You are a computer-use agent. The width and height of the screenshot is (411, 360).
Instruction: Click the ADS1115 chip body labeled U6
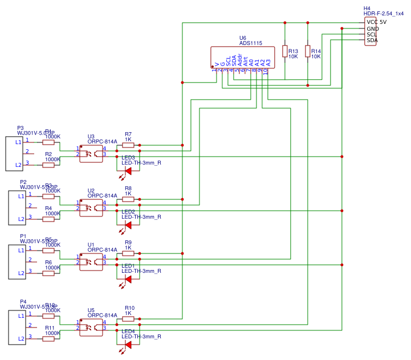click(x=242, y=58)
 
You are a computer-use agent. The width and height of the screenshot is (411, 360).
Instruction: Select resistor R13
click(x=285, y=51)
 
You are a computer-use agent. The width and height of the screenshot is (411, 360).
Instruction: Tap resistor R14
click(x=308, y=51)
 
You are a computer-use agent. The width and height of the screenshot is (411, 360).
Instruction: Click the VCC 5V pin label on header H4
click(x=377, y=22)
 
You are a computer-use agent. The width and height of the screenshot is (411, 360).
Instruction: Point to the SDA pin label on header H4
click(x=372, y=40)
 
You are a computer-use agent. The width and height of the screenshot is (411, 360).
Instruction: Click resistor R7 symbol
click(x=128, y=145)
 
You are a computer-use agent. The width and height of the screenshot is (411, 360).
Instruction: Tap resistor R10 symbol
click(x=128, y=319)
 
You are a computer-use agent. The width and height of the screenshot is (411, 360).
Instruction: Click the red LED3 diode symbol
click(x=128, y=171)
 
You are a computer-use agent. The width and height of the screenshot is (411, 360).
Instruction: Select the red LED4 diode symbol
click(x=128, y=345)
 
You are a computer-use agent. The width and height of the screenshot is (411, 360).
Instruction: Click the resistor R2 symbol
click(x=48, y=165)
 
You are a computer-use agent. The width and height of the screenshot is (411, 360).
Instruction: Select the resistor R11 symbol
click(x=48, y=338)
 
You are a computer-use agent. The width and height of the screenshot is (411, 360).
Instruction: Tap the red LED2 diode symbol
click(x=128, y=225)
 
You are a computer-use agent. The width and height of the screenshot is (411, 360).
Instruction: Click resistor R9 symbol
click(x=128, y=253)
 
